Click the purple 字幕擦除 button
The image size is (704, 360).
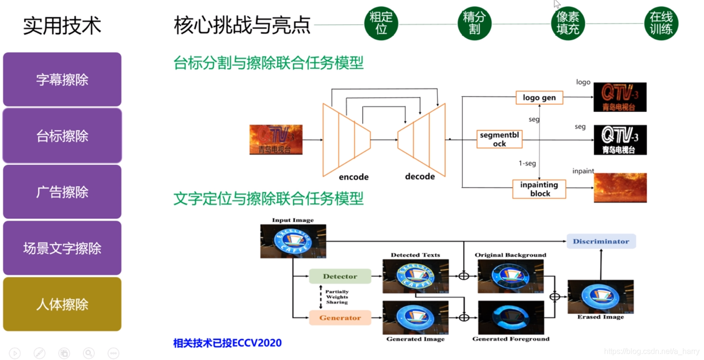pyautogui.click(x=62, y=79)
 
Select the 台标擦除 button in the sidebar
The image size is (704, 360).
pyautogui.click(x=62, y=136)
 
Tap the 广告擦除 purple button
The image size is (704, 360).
pyautogui.click(x=62, y=192)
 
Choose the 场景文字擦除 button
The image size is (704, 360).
pyautogui.click(x=62, y=248)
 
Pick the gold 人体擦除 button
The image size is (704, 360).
pyautogui.click(x=62, y=304)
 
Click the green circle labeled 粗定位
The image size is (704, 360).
pyautogui.click(x=381, y=23)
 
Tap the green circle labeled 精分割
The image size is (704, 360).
pyautogui.click(x=474, y=23)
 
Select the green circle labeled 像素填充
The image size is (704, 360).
pyautogui.click(x=568, y=23)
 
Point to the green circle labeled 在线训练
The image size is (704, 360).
pyautogui.click(x=661, y=23)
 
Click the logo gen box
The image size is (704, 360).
pyautogui.click(x=539, y=98)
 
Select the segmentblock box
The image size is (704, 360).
pyautogui.click(x=499, y=139)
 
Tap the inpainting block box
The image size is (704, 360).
pyautogui.click(x=539, y=189)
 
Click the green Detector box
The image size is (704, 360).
pyautogui.click(x=340, y=276)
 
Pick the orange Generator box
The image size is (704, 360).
pyautogui.click(x=340, y=318)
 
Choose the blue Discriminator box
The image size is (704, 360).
pyautogui.click(x=601, y=241)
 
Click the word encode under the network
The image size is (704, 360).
pyautogui.click(x=354, y=177)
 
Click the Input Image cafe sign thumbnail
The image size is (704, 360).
pyautogui.click(x=293, y=241)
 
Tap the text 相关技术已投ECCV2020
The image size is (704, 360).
pyautogui.click(x=227, y=343)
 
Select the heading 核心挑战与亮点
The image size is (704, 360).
pyautogui.click(x=242, y=25)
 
